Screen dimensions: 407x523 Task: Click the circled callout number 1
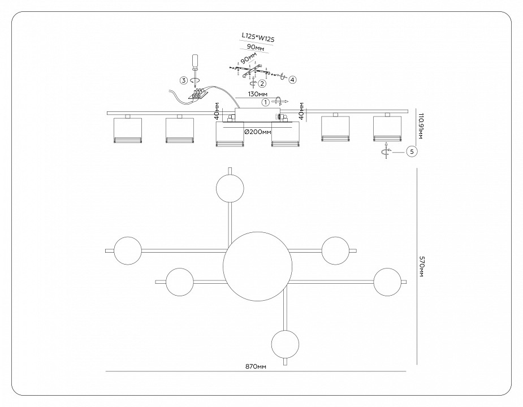265,102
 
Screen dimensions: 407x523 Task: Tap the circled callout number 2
262,83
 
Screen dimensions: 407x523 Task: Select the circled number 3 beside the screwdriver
184,80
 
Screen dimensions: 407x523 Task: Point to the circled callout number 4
292,80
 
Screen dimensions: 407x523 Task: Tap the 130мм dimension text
257,94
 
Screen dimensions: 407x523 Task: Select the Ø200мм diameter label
257,131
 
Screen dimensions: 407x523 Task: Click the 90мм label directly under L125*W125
256,49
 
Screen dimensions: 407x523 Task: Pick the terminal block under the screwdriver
197,94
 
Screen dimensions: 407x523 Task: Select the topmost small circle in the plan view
230,188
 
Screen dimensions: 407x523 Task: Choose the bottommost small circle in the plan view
285,344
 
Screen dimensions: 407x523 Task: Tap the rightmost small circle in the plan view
388,282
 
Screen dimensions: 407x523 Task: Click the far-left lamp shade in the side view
127,130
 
